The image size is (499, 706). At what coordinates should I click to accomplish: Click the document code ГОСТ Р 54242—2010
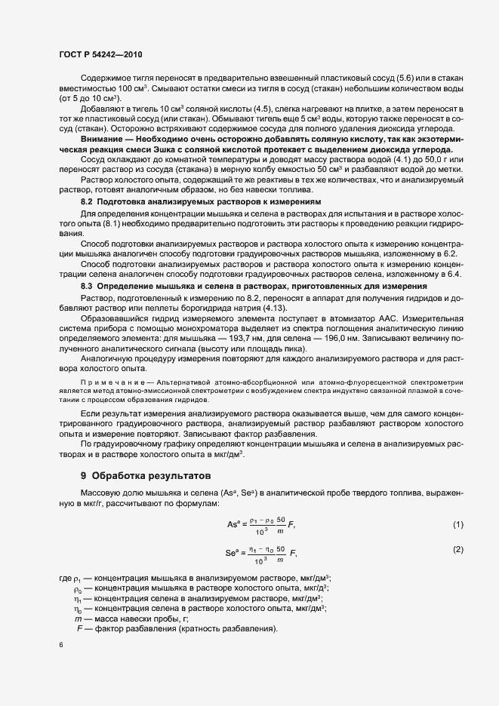click(x=100, y=55)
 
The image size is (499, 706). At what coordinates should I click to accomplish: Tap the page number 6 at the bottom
click(x=60, y=646)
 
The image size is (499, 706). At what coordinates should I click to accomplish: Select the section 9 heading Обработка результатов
click(x=139, y=476)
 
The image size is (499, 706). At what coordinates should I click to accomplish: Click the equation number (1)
click(x=457, y=524)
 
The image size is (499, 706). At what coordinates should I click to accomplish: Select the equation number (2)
click(x=457, y=549)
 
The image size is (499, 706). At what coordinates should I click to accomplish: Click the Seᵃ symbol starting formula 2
click(x=233, y=551)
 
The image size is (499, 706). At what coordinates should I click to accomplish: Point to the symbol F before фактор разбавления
click(x=79, y=629)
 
